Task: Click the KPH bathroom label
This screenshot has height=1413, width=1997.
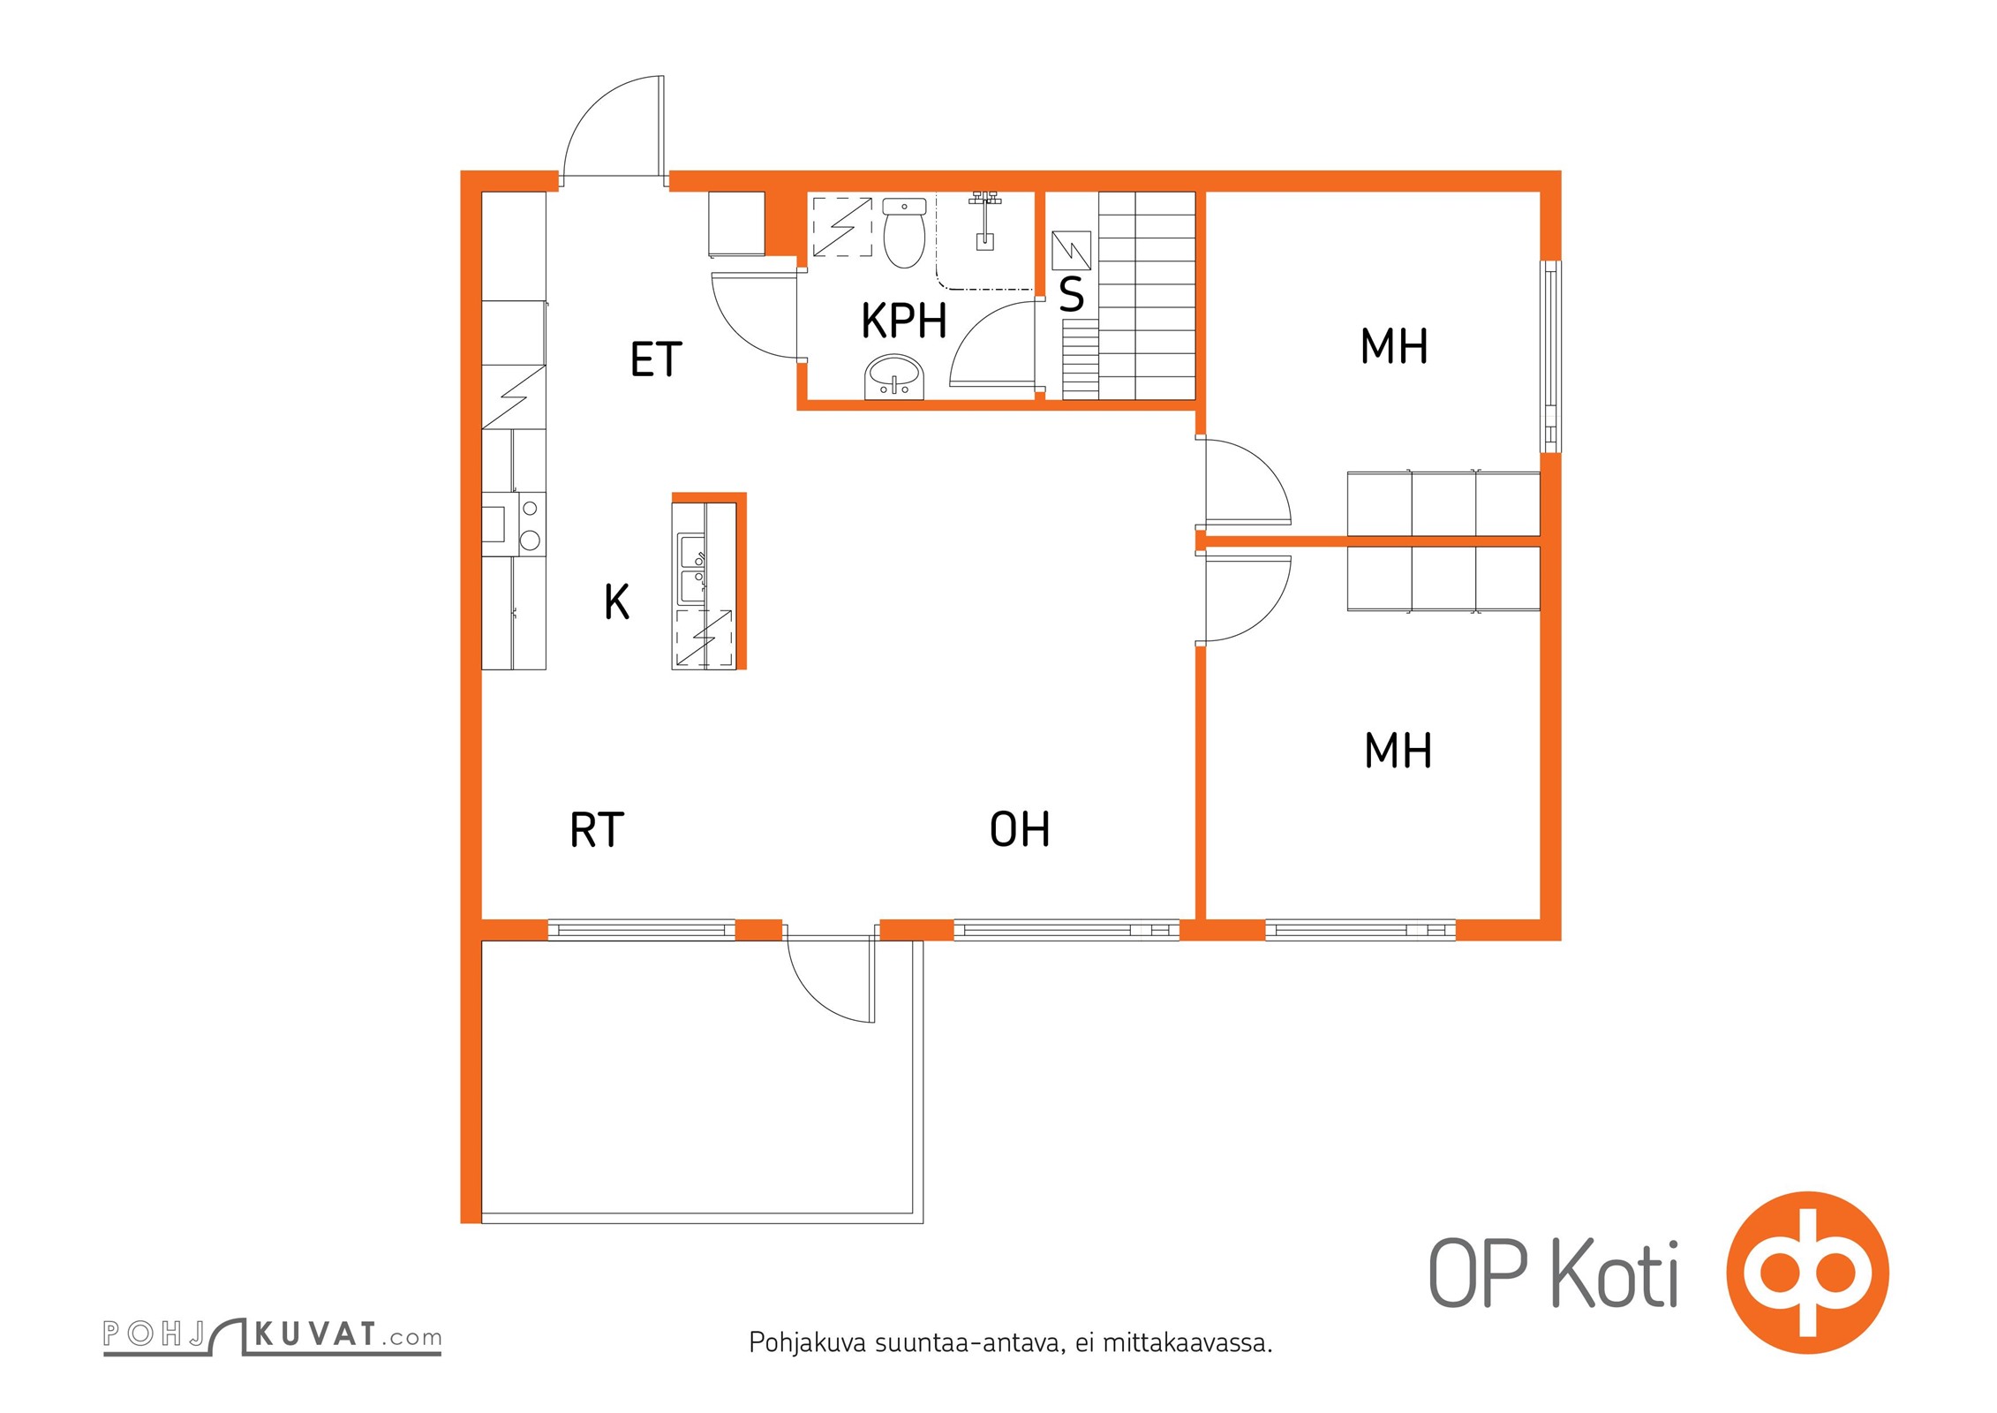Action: coord(904,320)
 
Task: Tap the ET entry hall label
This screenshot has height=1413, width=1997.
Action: coord(656,359)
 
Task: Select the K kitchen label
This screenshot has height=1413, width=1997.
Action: coord(616,601)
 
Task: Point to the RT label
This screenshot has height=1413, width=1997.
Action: coord(597,829)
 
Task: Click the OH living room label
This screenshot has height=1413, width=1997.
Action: coord(1020,829)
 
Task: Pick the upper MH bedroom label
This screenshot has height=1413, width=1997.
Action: coord(1394,345)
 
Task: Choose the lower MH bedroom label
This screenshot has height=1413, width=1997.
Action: coord(1398,750)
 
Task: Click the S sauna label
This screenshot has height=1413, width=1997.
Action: coord(1071,294)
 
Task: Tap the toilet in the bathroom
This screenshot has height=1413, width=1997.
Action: coord(904,232)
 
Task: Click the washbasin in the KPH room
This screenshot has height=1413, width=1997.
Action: coord(894,378)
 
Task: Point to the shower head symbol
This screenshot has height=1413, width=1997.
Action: coord(984,220)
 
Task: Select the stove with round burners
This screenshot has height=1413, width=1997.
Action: coord(514,524)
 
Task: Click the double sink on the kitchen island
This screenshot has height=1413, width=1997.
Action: coord(691,569)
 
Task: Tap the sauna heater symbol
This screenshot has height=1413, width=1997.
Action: coord(1072,251)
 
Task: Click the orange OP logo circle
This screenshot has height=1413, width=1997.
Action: coord(1807,1273)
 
